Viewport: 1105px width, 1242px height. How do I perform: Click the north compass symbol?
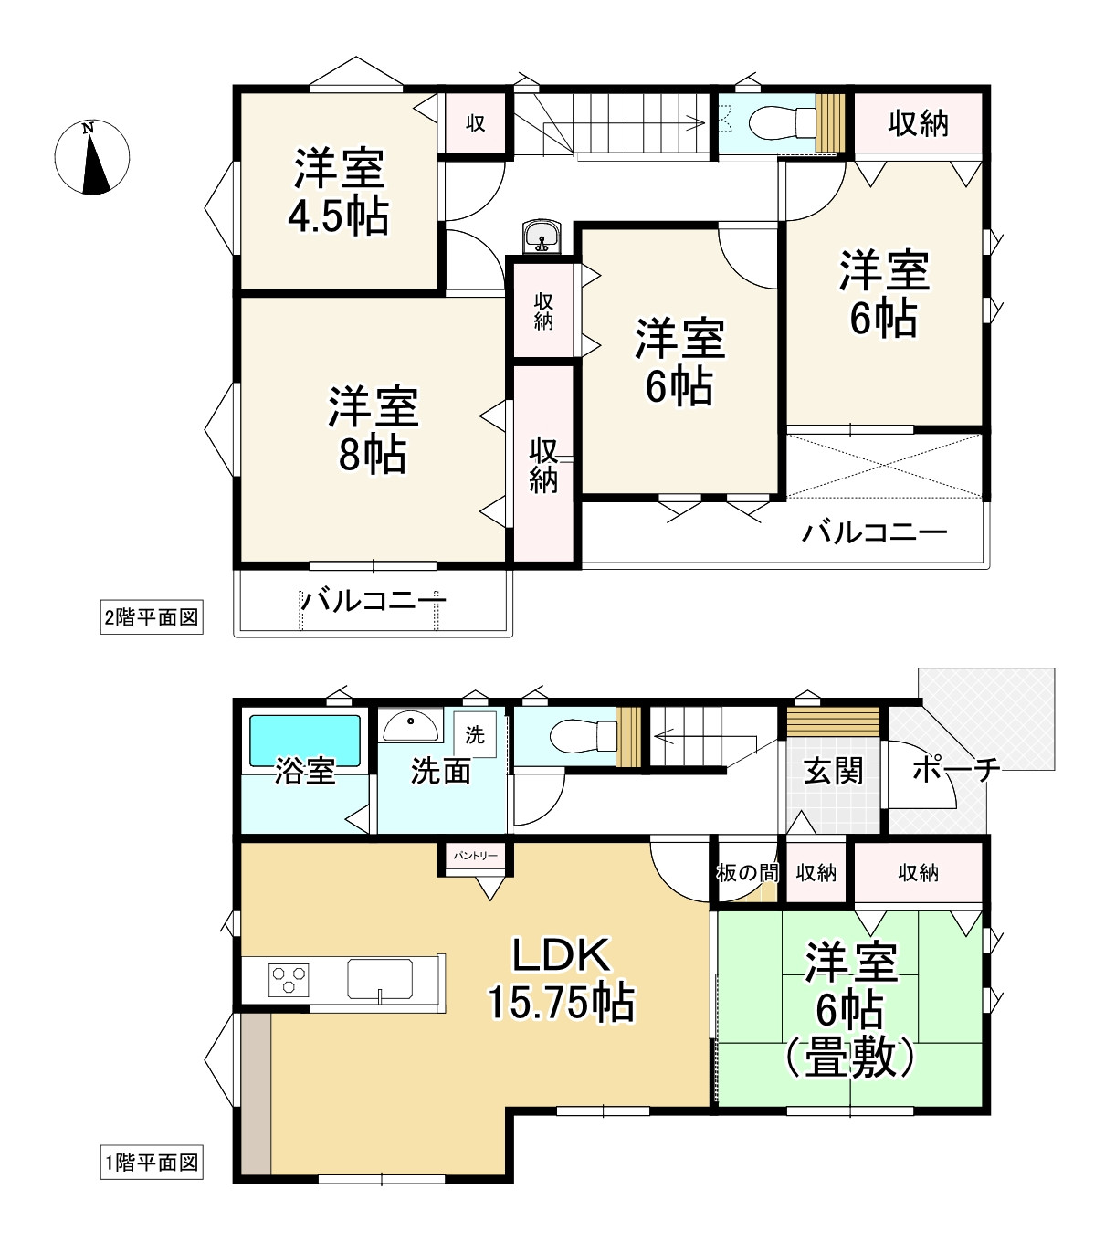(x=92, y=158)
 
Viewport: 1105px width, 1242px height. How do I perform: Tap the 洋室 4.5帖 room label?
(x=339, y=191)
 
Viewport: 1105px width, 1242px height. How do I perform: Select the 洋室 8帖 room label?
(x=373, y=429)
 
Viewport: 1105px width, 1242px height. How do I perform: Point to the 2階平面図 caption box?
(x=152, y=617)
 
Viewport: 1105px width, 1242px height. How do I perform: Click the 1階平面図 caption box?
(x=152, y=1162)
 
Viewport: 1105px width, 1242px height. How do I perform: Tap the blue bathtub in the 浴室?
(x=304, y=741)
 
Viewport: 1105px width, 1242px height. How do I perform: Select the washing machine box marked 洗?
(x=475, y=734)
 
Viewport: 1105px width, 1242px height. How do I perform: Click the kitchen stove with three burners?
(x=289, y=979)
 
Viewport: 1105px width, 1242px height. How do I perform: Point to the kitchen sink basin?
(x=380, y=978)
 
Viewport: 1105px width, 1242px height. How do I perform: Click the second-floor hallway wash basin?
(x=542, y=236)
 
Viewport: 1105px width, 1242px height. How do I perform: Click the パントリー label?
(x=475, y=856)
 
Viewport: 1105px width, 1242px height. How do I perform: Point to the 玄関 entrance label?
(x=833, y=771)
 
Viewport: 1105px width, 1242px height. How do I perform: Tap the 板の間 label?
(x=748, y=872)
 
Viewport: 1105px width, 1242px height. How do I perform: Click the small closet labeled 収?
(x=475, y=123)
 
